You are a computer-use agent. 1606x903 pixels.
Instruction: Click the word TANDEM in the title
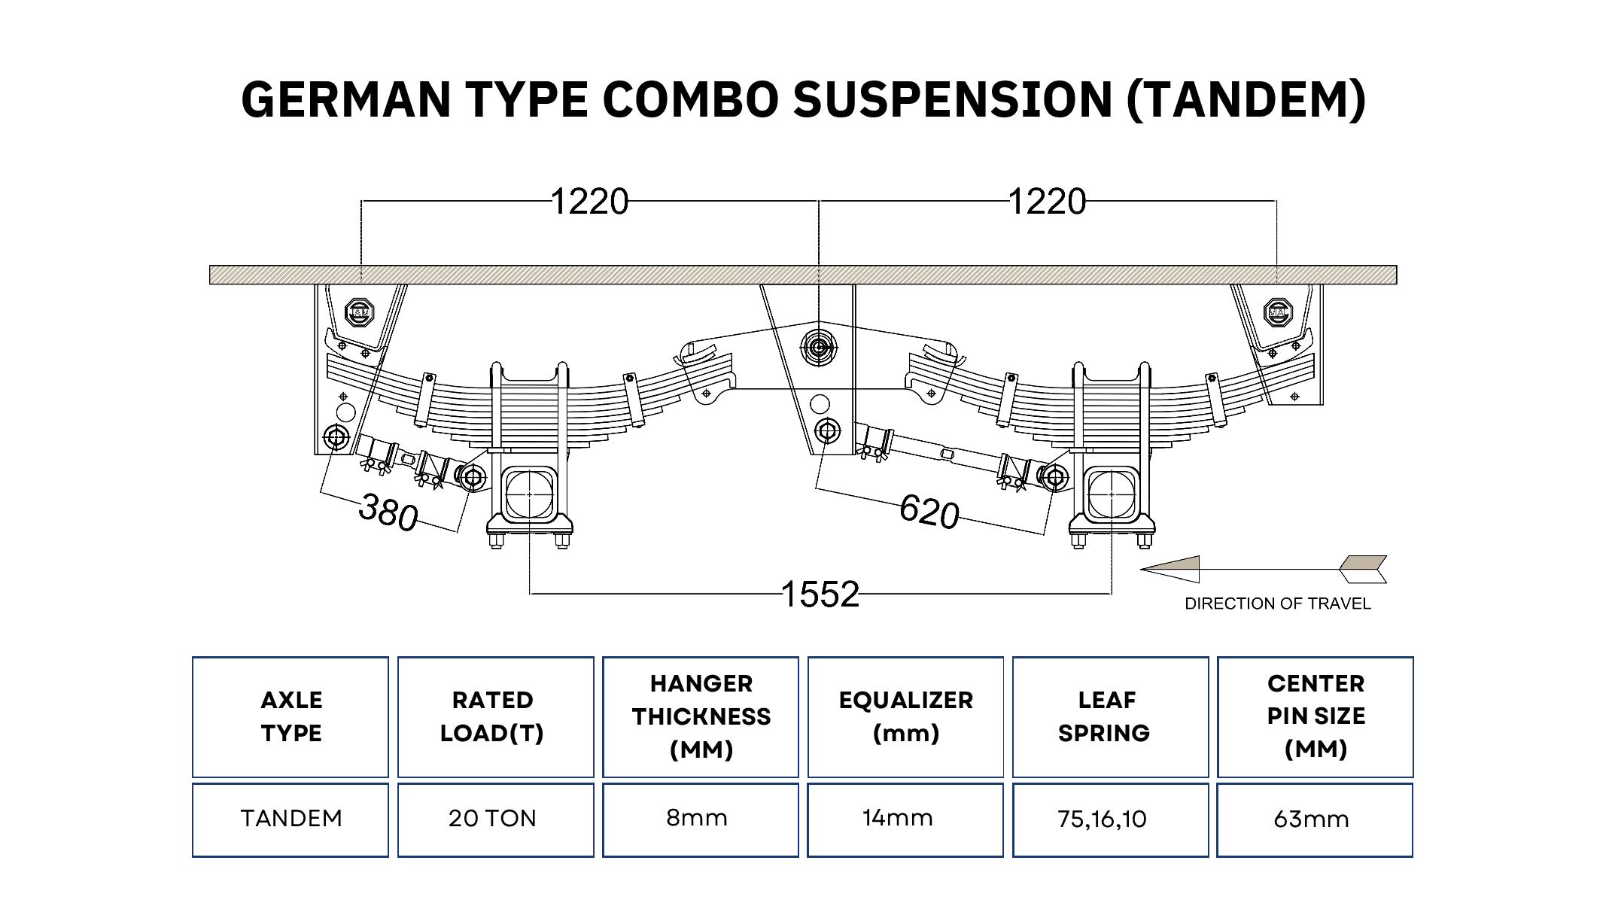point(1246,99)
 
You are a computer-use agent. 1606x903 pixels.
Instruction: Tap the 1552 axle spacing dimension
point(820,594)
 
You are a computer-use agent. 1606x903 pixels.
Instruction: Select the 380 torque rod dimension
point(388,511)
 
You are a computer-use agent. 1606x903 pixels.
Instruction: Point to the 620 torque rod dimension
point(929,512)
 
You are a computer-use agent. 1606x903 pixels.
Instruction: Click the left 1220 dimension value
point(589,202)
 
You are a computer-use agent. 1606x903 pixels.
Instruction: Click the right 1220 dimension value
point(1047,202)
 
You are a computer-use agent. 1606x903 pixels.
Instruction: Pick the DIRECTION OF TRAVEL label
point(1277,604)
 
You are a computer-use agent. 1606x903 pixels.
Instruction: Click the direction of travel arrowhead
point(1171,570)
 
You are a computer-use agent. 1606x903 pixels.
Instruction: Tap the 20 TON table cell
point(493,819)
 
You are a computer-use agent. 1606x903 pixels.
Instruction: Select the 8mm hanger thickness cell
point(698,819)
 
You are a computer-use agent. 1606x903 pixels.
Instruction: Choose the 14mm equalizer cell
point(898,819)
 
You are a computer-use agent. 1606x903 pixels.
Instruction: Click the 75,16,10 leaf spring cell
point(1103,819)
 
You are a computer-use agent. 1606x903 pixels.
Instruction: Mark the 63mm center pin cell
point(1312,819)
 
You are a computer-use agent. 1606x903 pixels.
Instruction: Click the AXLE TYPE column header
point(291,716)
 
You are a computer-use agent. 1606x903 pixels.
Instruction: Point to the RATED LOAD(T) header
point(493,716)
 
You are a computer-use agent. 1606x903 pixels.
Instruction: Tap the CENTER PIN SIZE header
point(1316,716)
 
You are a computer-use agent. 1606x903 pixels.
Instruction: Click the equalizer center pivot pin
point(819,348)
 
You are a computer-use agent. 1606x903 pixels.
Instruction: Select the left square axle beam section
point(529,494)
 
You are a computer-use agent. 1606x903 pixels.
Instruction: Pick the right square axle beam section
point(1112,494)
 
